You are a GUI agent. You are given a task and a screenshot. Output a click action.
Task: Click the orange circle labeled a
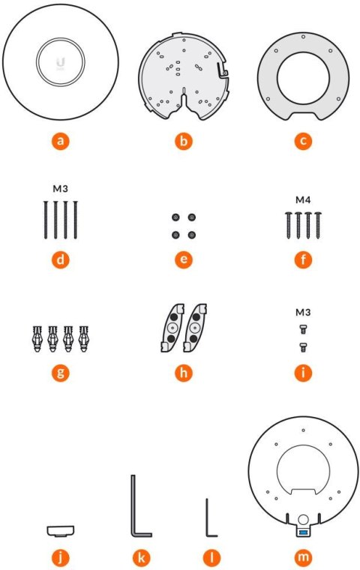coord(60,140)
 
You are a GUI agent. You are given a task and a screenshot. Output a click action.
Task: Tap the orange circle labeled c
coord(303,140)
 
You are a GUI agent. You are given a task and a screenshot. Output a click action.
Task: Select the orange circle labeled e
coord(184,259)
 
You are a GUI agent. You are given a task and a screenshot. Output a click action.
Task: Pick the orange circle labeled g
coord(60,373)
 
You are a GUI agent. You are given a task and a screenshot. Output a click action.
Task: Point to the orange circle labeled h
coord(184,373)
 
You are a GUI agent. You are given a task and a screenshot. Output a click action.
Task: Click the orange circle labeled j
coord(60,556)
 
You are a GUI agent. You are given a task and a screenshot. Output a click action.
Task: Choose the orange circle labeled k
coord(142,556)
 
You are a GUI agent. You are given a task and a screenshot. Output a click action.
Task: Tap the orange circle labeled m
coord(303,556)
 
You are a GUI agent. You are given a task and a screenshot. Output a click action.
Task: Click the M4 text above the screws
coord(303,199)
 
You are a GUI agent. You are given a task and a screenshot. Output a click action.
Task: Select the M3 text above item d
coord(60,189)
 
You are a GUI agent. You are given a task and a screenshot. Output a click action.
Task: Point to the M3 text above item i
coord(303,312)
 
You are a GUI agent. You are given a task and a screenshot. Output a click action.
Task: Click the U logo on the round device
coord(60,62)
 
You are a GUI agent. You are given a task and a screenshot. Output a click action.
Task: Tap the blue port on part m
coord(303,532)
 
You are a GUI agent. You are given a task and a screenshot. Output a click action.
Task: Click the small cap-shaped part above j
coord(60,531)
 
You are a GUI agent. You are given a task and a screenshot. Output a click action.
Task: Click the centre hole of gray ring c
coord(303,79)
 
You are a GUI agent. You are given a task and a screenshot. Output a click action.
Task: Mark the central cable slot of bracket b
coord(184,99)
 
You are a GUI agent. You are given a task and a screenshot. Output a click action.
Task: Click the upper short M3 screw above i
coord(303,329)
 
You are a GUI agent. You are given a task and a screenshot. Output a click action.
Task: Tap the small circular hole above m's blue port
coord(303,520)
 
